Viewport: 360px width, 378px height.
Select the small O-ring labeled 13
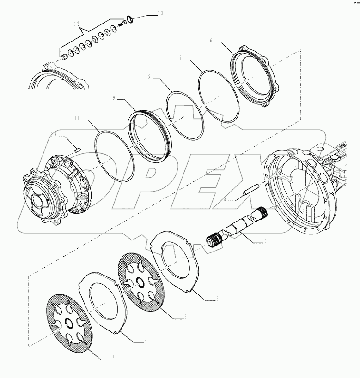[131, 19]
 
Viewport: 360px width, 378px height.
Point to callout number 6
[211, 40]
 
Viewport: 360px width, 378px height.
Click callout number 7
[181, 58]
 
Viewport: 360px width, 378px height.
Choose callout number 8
[150, 78]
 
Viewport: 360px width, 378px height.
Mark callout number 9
[113, 98]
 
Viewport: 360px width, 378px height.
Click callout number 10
[54, 135]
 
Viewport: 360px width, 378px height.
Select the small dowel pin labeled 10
[78, 149]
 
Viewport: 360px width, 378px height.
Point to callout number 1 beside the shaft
[265, 240]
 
